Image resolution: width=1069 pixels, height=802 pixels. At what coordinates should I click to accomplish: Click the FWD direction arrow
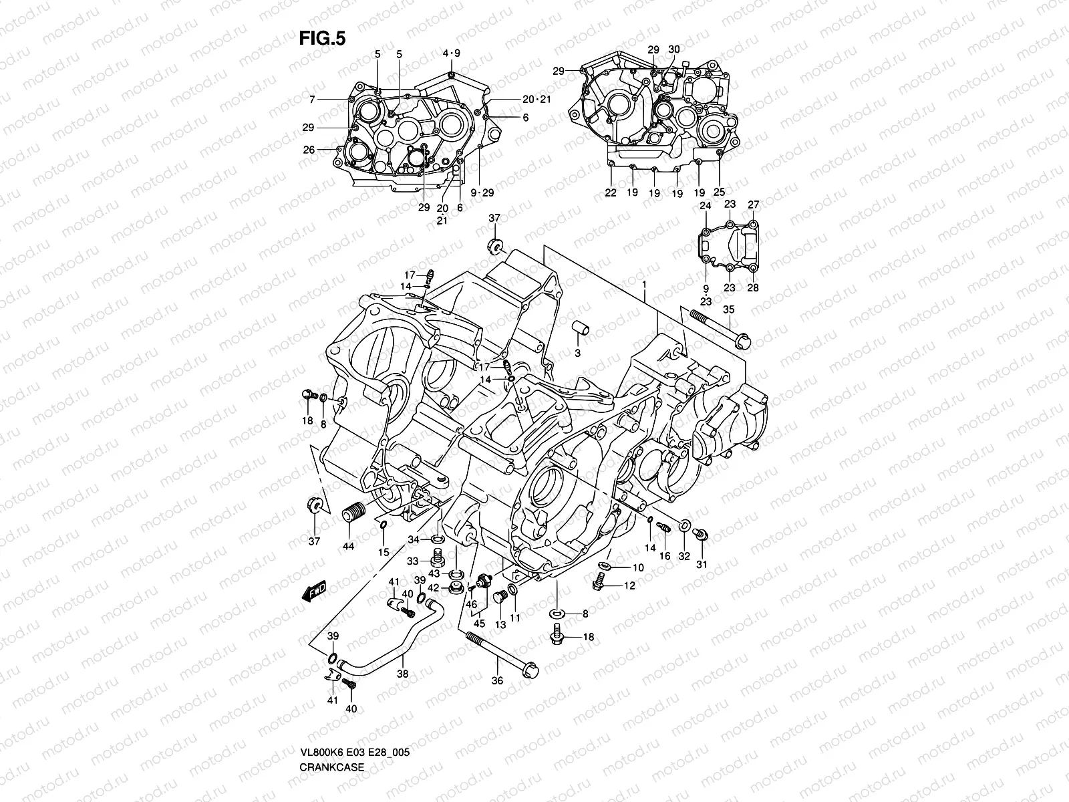pos(313,591)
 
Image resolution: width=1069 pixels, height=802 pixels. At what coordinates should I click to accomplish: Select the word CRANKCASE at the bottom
pos(331,729)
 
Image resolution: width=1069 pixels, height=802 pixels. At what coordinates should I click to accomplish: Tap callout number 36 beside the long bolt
pos(496,680)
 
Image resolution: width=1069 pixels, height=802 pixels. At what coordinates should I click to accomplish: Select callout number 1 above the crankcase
pos(644,285)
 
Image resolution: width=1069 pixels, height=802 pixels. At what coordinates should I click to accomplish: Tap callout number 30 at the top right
pos(673,49)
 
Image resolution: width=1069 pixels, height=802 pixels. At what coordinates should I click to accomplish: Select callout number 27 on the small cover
pos(754,205)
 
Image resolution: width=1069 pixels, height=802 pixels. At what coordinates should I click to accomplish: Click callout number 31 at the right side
pos(702,565)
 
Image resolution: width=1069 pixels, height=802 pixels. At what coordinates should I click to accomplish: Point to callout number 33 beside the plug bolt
pos(413,561)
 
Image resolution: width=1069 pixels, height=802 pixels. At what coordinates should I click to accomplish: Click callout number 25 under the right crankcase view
pos(720,192)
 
